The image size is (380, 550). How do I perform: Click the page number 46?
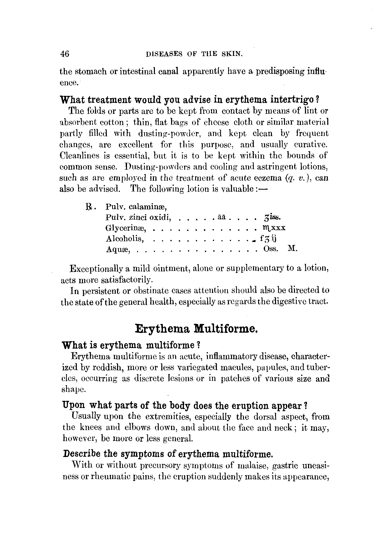[65, 54]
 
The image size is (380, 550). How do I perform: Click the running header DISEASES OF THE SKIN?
[194, 54]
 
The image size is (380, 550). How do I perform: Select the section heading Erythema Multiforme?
[196, 329]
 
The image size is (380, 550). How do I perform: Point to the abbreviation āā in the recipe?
[221, 217]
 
